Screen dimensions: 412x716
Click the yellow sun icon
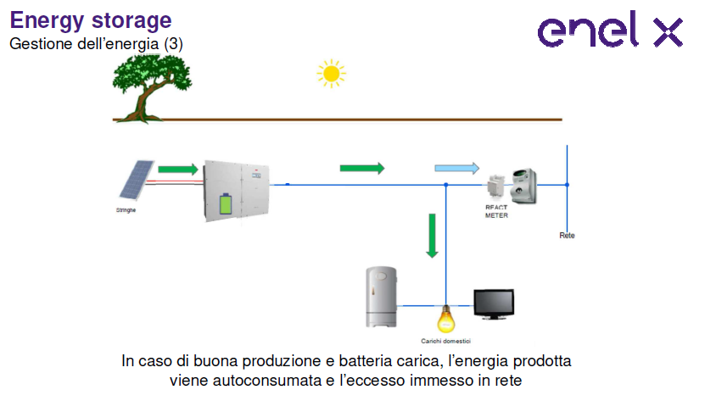(331, 74)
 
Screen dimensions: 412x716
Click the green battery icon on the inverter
(226, 204)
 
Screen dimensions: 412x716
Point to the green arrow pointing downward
(432, 236)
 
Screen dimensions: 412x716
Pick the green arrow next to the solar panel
(178, 169)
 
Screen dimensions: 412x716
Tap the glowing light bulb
(445, 318)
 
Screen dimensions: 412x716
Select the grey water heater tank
(381, 297)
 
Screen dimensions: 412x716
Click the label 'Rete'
(567, 235)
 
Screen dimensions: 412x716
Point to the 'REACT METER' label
(496, 211)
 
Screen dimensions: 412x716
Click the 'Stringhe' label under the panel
(126, 209)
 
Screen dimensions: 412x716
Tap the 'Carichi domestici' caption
(446, 340)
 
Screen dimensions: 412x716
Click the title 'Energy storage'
(91, 20)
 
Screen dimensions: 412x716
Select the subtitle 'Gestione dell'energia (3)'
(96, 42)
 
